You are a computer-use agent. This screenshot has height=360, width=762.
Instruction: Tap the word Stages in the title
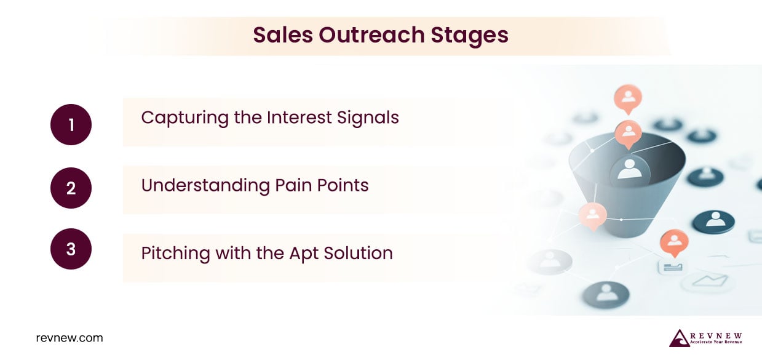click(470, 35)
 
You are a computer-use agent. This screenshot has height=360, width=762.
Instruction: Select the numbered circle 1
click(71, 125)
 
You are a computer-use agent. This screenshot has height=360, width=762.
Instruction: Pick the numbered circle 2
click(71, 188)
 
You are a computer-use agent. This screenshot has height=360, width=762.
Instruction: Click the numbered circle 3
click(71, 249)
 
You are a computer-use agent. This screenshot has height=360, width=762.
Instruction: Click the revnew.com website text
click(69, 338)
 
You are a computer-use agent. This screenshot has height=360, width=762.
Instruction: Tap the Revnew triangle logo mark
click(679, 338)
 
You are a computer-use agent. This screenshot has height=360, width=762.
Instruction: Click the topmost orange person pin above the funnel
click(628, 98)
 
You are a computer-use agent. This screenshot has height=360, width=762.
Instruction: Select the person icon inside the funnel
click(629, 168)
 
